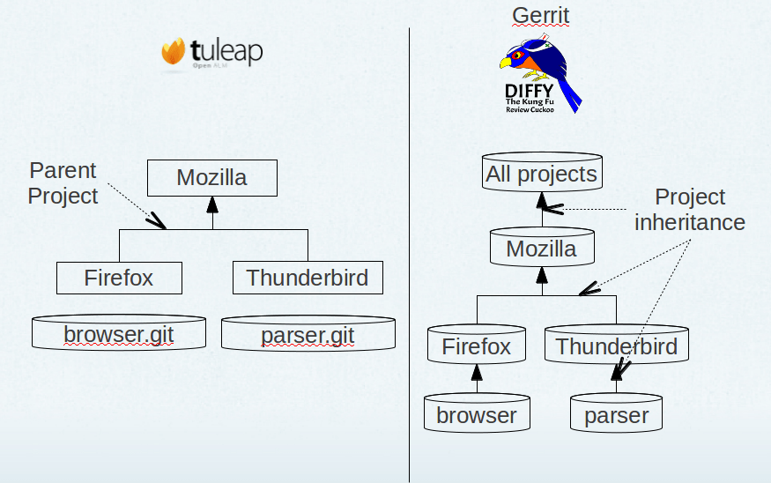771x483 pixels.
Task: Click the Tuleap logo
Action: pyautogui.click(x=211, y=52)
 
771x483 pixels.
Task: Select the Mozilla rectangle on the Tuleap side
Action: pyautogui.click(x=211, y=178)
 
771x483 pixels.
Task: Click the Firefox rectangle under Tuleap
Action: pyautogui.click(x=119, y=279)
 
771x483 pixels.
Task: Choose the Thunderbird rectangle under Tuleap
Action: pyautogui.click(x=308, y=279)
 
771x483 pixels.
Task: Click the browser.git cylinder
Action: pyautogui.click(x=119, y=333)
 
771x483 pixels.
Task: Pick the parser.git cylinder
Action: pyautogui.click(x=308, y=333)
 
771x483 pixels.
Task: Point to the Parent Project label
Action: pyautogui.click(x=63, y=182)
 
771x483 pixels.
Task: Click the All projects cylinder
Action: pyautogui.click(x=541, y=173)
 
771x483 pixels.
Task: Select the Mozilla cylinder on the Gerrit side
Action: pyautogui.click(x=541, y=248)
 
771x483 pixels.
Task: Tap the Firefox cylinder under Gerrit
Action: pyautogui.click(x=476, y=345)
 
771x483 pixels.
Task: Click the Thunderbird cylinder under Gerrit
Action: pyautogui.click(x=616, y=345)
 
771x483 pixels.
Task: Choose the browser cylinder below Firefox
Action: pyautogui.click(x=476, y=413)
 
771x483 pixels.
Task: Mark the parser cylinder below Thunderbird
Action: pyautogui.click(x=616, y=413)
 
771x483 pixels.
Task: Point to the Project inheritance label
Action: pyautogui.click(x=690, y=210)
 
